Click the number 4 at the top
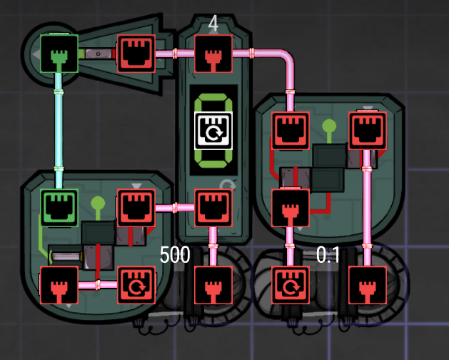213,24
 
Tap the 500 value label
175,254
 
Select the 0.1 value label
328,254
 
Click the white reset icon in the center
213,131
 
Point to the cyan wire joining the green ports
59,129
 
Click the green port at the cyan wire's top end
59,53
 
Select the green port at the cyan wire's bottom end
59,208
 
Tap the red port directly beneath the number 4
213,53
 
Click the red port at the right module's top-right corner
367,130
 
